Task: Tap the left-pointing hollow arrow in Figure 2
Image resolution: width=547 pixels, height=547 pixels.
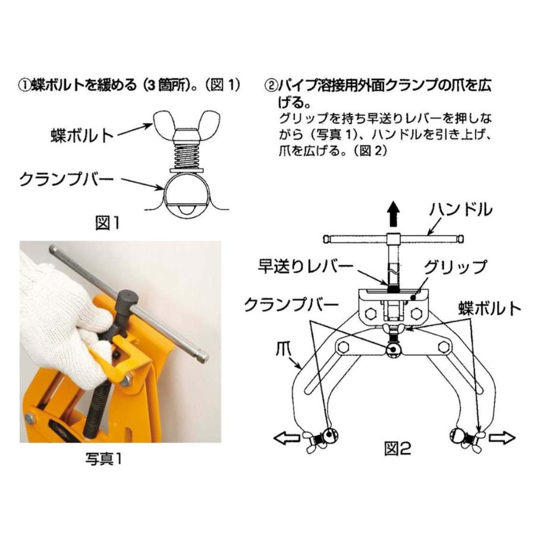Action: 287,438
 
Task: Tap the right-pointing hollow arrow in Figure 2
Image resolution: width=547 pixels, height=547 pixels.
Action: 502,438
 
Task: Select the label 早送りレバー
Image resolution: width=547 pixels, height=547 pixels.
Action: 306,268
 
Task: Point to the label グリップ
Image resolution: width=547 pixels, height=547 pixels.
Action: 455,267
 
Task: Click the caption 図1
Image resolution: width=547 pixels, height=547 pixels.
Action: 108,223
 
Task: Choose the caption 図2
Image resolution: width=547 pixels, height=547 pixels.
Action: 397,448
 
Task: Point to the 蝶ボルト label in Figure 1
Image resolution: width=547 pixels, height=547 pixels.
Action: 82,136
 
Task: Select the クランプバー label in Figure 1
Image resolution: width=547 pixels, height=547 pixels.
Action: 67,180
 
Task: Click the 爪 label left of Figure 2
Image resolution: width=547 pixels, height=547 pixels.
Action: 283,350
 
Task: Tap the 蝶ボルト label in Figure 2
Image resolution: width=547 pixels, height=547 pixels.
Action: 490,309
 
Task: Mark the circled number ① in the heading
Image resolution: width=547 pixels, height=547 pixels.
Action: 25,86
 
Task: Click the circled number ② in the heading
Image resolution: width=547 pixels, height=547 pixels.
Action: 271,86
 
